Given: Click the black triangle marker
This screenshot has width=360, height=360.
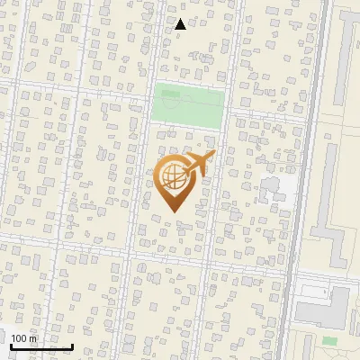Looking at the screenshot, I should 181,24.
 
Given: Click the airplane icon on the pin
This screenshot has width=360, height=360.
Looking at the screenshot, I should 199,163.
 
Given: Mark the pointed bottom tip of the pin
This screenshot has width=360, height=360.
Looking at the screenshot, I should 172,211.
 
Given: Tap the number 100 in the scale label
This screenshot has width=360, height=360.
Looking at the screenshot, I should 19,338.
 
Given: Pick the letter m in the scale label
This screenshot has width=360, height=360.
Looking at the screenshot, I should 35,338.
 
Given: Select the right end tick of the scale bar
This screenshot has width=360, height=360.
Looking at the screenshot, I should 72,344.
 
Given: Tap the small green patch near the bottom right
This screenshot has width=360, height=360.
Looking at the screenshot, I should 329,341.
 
